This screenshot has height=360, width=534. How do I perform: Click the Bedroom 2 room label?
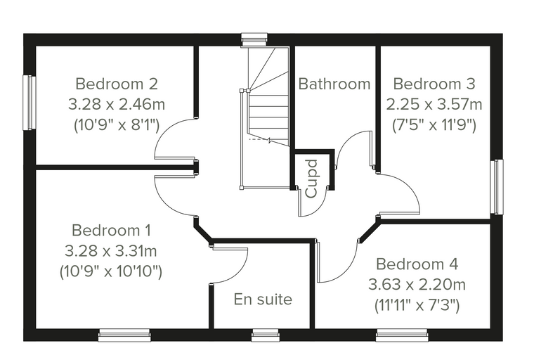point(117,84)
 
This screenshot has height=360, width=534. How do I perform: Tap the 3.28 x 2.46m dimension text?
point(117,104)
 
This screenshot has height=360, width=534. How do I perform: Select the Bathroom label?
point(334,84)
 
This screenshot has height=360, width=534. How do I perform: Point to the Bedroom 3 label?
point(434,84)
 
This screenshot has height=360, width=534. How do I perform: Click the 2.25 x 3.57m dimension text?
point(434,104)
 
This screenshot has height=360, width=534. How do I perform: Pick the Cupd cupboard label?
point(312,179)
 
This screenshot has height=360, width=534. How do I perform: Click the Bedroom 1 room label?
point(111,231)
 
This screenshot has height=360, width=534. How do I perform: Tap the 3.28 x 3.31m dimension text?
point(111,251)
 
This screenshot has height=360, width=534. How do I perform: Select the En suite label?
point(263,300)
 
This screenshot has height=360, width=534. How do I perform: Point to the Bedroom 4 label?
point(417,264)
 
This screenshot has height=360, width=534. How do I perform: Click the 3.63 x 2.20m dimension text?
point(417,284)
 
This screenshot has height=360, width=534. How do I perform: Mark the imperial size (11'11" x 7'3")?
point(417,304)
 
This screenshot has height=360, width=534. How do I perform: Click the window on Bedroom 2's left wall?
point(30,103)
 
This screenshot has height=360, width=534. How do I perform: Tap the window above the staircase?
point(254,39)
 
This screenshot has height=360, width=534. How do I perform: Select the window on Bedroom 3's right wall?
point(497,187)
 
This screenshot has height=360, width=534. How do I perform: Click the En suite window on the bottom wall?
point(266,335)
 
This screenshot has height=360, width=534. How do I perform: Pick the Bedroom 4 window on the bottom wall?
point(402,335)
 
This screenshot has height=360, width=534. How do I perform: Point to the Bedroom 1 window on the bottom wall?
point(124,335)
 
